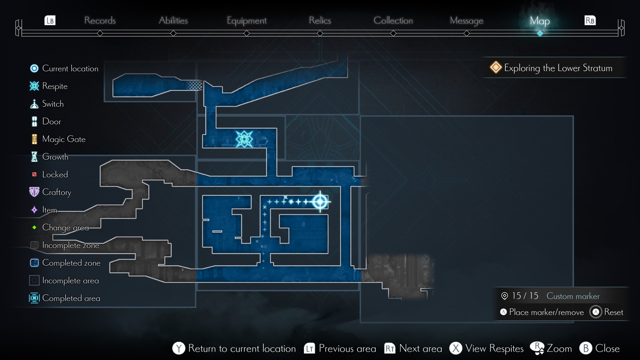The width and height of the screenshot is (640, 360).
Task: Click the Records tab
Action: point(100,21)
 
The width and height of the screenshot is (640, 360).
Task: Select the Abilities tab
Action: point(173,21)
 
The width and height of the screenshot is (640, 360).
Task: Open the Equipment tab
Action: point(247,21)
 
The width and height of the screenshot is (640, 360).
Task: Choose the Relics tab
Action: point(320,21)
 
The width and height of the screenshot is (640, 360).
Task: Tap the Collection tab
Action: point(393,21)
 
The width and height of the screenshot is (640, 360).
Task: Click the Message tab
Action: point(466,21)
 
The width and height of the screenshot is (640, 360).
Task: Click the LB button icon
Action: point(50,21)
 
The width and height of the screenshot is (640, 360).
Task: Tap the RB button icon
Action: point(590,21)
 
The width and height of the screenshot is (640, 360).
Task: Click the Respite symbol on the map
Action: point(244,139)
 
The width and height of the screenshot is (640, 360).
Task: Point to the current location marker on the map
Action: point(320,201)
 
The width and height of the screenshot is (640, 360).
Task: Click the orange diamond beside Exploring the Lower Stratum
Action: point(496,67)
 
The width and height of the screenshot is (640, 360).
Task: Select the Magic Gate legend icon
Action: point(34,139)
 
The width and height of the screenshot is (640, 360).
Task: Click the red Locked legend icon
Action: point(34,174)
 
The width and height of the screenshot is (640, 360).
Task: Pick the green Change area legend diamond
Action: point(34,227)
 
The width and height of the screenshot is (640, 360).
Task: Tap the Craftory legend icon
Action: point(34,192)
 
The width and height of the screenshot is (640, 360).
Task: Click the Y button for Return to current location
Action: point(179,348)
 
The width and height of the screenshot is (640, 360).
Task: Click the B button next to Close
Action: point(586,348)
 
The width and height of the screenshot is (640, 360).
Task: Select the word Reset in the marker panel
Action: point(613,312)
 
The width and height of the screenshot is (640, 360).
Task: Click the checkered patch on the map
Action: point(195,85)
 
